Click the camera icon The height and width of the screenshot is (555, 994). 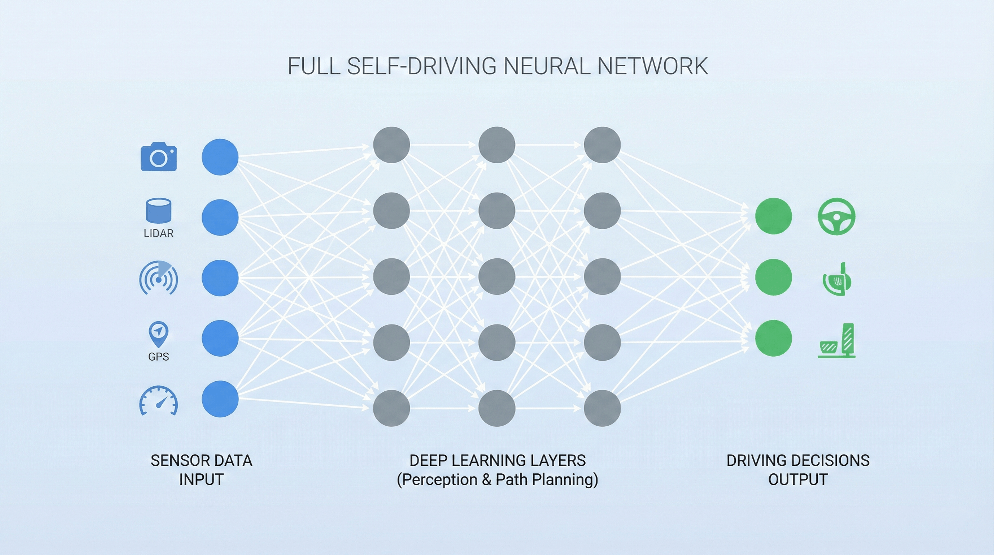(159, 158)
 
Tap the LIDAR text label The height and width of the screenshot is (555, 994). (159, 233)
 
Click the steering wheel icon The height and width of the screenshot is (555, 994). (836, 216)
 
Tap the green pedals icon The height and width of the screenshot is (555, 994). (837, 341)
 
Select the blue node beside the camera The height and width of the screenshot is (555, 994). (220, 157)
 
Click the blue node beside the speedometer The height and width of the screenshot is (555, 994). (220, 399)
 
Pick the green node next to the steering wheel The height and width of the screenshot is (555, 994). (773, 216)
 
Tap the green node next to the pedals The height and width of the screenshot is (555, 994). (773, 338)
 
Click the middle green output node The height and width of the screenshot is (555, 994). (773, 277)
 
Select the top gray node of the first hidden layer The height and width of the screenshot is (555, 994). (391, 145)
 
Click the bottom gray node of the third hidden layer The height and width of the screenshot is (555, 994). (602, 408)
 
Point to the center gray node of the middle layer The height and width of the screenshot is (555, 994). (497, 276)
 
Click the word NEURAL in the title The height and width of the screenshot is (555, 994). (546, 66)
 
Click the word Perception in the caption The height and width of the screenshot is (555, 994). (440, 480)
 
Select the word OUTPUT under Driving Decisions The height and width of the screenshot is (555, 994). (798, 480)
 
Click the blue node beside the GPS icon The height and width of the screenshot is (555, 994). (220, 338)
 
